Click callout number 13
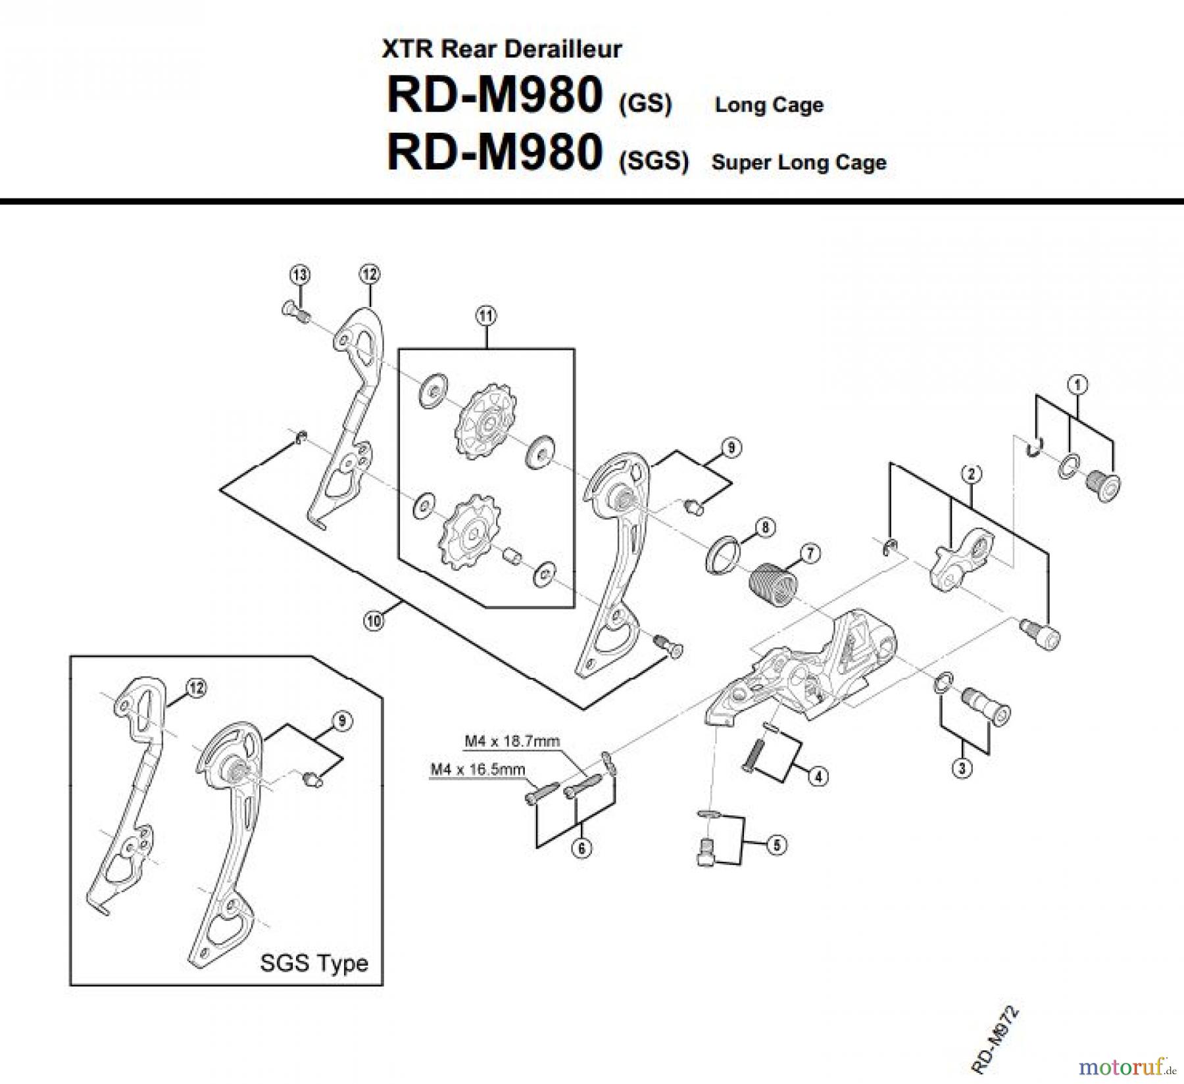[300, 275]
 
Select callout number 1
[1077, 384]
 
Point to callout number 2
[971, 473]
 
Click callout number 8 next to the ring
[765, 527]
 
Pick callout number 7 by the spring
[810, 554]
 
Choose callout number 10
[374, 621]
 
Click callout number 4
[818, 776]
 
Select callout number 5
[777, 845]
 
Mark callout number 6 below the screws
[581, 849]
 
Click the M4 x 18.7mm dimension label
[512, 742]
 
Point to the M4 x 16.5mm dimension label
[478, 768]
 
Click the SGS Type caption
[314, 964]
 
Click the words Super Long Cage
[799, 162]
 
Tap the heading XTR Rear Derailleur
[501, 49]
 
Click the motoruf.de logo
[1128, 1062]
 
